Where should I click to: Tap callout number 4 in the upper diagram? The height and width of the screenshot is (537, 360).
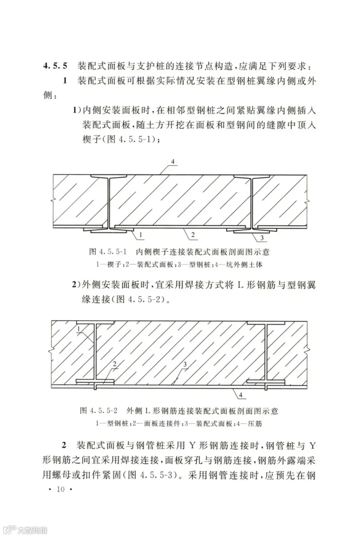(x=173, y=162)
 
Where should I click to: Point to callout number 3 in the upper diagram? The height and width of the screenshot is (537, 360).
(x=262, y=239)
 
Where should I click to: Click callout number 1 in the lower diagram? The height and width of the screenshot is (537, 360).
(x=79, y=329)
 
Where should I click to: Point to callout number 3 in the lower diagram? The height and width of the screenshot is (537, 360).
(x=185, y=365)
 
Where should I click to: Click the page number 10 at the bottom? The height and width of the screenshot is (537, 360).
(x=60, y=491)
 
